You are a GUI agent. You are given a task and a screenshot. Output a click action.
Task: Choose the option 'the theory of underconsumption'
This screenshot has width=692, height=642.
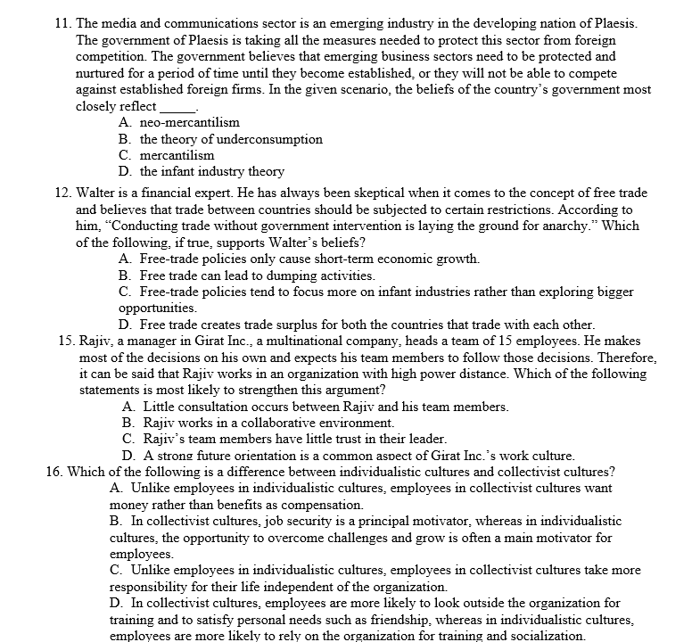pyautogui.click(x=231, y=139)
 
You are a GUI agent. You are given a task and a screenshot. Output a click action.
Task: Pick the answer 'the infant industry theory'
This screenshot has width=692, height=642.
pyautogui.click(x=212, y=171)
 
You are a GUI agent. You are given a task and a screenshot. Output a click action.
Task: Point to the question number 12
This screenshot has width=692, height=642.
pyautogui.click(x=62, y=193)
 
